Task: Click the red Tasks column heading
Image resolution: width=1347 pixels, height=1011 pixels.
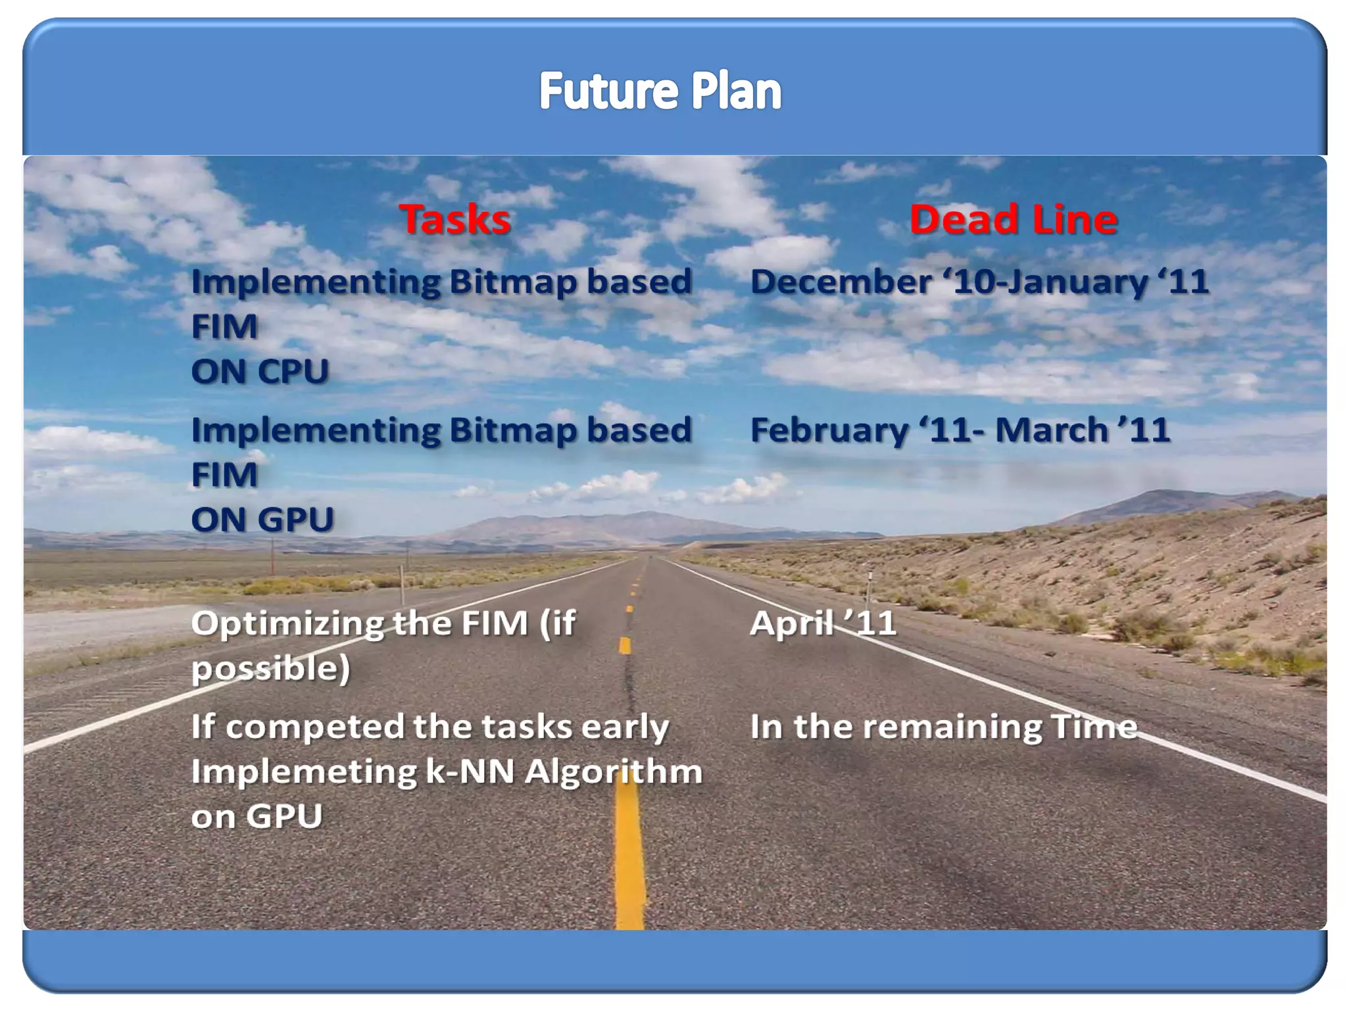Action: pos(454,219)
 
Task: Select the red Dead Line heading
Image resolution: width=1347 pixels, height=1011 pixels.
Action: pos(1013,219)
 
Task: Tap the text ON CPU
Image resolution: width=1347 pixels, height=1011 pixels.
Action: pos(260,371)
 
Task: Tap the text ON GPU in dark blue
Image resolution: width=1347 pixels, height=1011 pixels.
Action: pos(262,519)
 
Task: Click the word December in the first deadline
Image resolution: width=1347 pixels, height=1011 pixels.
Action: pos(841,282)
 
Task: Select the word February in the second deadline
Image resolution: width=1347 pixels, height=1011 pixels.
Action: pos(829,430)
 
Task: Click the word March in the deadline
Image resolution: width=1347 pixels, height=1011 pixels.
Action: pos(1052,430)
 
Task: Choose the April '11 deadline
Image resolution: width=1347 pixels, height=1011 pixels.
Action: pos(823,623)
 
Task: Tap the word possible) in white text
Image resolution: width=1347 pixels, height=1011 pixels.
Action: pos(270,669)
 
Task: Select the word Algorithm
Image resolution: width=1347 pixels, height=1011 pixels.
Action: pos(614,771)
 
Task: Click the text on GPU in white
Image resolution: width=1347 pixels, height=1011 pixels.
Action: pos(257,816)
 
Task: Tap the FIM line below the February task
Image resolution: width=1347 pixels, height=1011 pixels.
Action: pos(224,475)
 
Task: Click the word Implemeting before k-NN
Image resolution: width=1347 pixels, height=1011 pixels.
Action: pos(304,771)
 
